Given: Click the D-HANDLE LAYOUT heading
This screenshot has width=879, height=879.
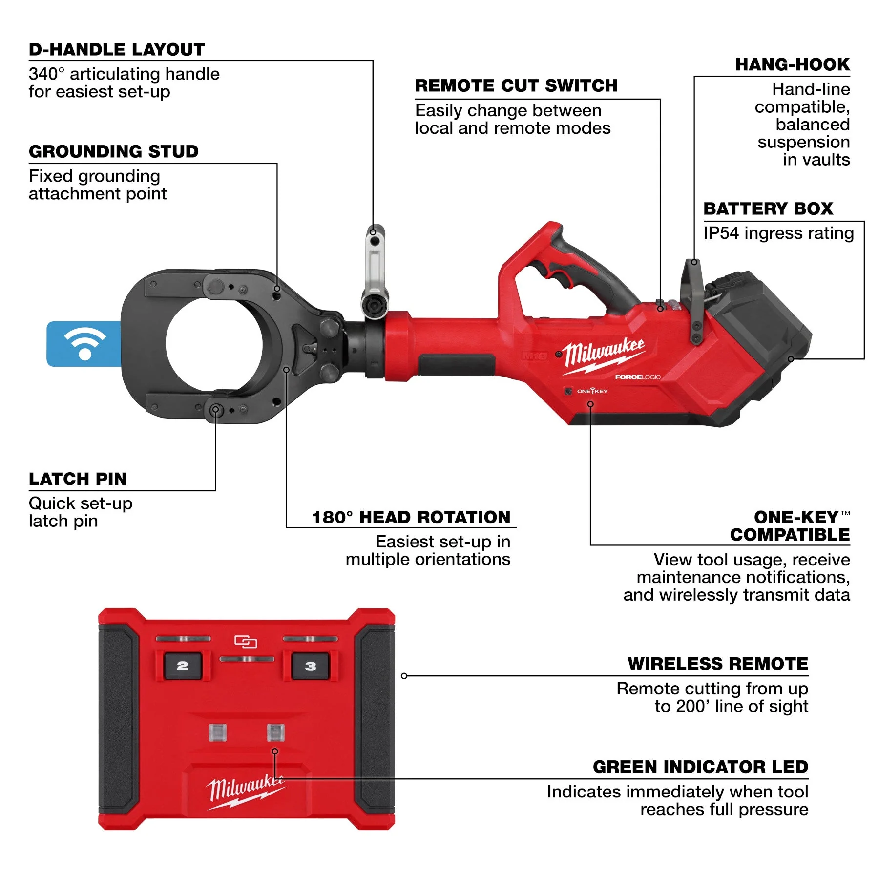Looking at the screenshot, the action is pos(117,49).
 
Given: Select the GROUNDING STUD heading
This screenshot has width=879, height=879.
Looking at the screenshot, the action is pos(114,151).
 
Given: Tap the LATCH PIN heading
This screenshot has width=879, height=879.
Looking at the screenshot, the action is pos(78,479).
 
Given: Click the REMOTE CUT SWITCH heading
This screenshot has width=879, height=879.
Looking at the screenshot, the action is pos(516,85).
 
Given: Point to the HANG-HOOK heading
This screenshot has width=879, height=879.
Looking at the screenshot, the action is pos(793,64).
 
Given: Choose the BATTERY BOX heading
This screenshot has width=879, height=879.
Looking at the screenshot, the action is pos(768,209).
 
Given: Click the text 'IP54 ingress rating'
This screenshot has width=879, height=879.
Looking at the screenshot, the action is pos(778,233).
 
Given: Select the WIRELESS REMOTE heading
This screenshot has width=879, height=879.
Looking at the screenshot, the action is pos(718,664).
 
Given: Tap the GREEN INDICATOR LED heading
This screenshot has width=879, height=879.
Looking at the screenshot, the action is pos(701,767).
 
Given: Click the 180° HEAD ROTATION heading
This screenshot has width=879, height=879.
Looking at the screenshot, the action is pos(411,517).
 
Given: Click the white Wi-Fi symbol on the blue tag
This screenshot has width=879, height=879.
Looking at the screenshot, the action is pos(85,343).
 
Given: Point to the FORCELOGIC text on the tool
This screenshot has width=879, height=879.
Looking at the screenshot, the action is pos(638,377).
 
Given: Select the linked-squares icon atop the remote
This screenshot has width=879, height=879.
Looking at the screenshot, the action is pos(246,641).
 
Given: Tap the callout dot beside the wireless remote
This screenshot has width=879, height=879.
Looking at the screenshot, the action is pos(404,676).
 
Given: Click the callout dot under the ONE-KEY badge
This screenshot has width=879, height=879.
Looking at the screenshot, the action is pos(590,404).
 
